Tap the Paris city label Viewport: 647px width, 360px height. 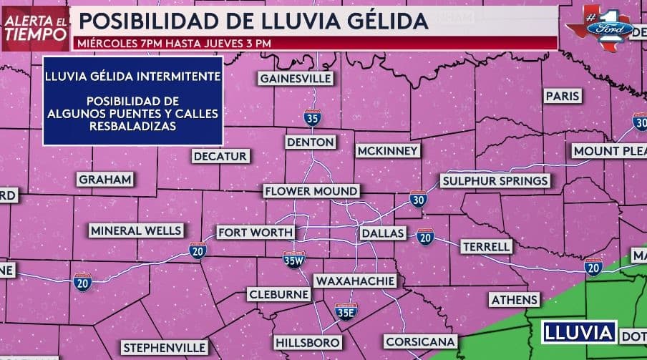(x=562, y=96)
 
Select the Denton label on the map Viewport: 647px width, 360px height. (x=311, y=142)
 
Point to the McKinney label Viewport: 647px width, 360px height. (x=387, y=151)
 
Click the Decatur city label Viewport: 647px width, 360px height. (x=220, y=156)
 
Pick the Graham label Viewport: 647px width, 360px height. (x=105, y=180)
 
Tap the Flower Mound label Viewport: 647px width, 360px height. (x=311, y=192)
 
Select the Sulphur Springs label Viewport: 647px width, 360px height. (x=495, y=180)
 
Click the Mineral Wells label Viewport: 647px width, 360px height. (x=136, y=230)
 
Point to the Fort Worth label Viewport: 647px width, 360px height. (x=256, y=233)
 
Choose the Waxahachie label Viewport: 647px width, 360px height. (x=355, y=281)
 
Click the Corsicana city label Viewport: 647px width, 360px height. (x=420, y=341)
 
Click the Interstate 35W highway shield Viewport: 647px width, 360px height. (x=293, y=260)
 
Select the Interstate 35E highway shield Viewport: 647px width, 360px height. (x=346, y=311)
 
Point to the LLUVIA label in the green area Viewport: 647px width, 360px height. (x=579, y=333)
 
